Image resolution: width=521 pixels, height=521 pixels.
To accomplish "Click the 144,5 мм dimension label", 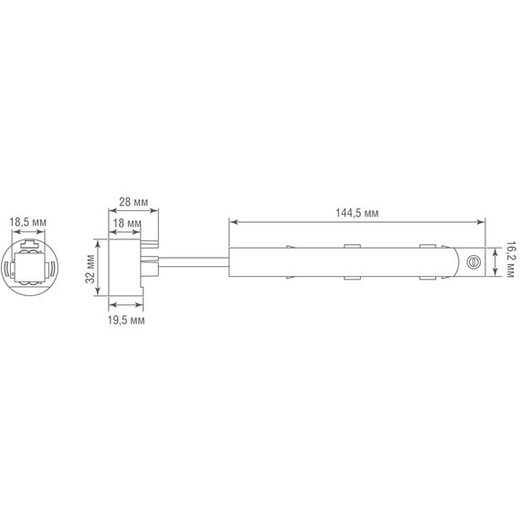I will click(356, 212).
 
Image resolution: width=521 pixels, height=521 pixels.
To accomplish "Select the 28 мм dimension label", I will click(134, 202).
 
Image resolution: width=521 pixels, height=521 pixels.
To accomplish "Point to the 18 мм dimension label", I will click(127, 223).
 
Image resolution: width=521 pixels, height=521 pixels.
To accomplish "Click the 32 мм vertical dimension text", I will click(90, 267).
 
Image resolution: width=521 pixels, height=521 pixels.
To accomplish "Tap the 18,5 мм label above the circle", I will click(29, 221).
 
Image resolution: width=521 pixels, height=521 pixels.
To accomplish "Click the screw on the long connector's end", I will click(473, 261).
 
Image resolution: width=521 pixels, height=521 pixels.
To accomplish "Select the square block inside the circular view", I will click(29, 269).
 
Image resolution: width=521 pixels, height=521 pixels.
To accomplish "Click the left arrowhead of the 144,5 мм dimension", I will click(232, 220).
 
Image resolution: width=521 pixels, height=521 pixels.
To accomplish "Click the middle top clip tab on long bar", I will click(351, 246).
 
